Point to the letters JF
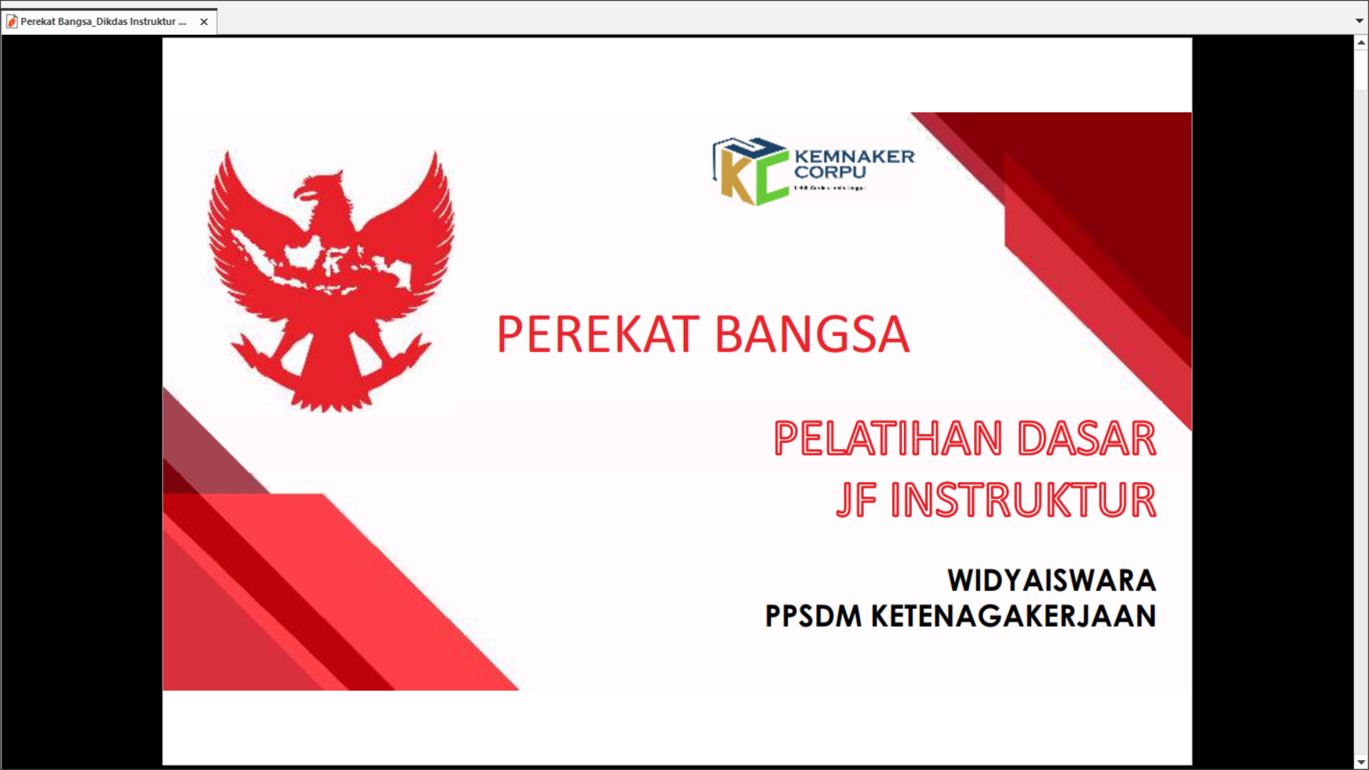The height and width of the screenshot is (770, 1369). (856, 500)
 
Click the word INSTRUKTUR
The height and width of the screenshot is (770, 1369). (1023, 500)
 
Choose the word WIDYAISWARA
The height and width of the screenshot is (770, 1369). (1051, 580)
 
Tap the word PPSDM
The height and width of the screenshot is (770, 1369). (813, 617)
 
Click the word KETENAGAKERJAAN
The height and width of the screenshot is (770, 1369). (1013, 617)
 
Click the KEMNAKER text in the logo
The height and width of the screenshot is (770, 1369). (854, 156)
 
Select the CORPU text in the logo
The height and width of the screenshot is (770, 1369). (830, 173)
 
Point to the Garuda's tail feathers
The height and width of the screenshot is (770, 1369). (332, 392)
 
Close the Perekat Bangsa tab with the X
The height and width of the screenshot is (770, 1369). (204, 22)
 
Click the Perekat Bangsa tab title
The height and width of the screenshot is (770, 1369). (103, 22)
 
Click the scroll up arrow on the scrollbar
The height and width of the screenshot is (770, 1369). (1360, 43)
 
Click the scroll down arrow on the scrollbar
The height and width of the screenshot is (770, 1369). (1360, 762)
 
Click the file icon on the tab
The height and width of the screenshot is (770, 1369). (11, 22)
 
